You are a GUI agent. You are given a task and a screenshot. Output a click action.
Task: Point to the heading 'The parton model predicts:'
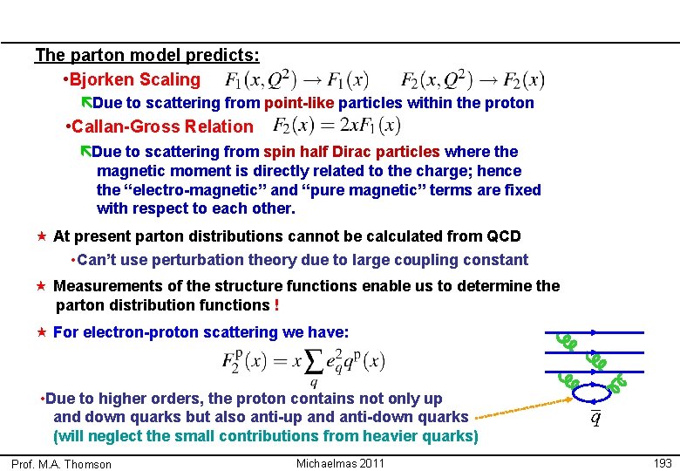[147, 56]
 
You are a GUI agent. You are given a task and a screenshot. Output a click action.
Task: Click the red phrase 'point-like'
[299, 103]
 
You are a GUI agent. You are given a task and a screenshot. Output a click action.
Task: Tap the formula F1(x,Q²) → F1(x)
[296, 80]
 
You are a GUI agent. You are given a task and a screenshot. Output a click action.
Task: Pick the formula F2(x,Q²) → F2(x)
[473, 80]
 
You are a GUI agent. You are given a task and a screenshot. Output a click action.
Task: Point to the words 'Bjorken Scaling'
[135, 80]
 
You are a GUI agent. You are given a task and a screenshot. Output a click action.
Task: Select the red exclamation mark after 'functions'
[276, 305]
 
